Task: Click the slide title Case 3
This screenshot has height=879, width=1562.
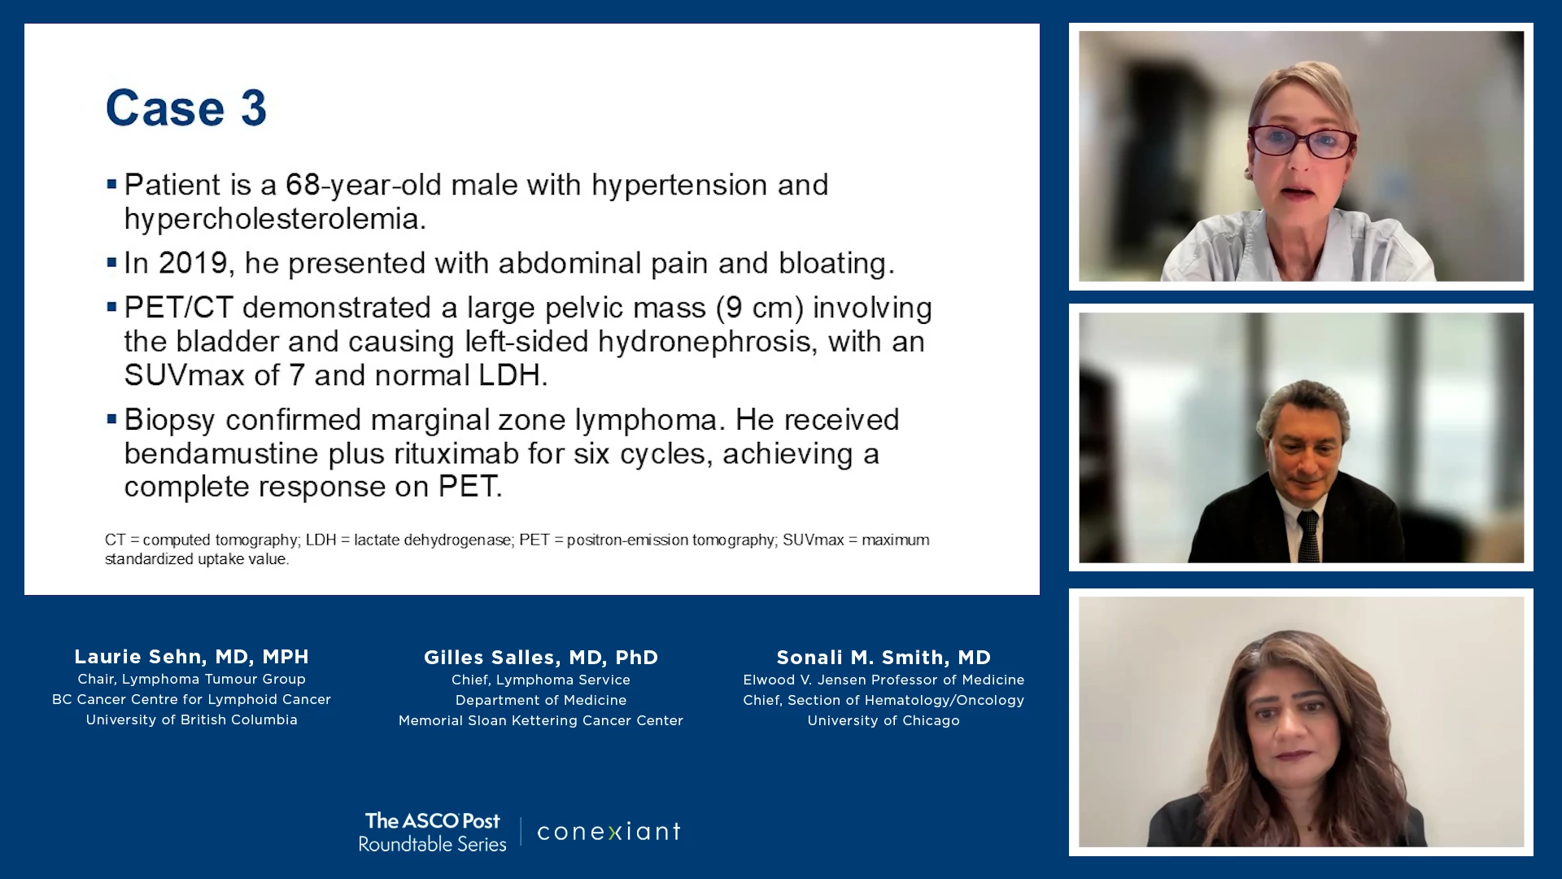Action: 186,107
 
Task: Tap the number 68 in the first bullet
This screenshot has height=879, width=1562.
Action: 303,185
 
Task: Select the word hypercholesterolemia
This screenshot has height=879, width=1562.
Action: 275,219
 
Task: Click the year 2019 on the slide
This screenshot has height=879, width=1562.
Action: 193,263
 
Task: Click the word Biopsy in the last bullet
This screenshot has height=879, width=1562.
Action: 170,421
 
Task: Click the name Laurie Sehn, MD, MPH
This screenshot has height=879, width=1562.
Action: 192,657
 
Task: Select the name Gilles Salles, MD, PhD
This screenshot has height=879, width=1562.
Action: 541,658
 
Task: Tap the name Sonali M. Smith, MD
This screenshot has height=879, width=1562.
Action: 884,658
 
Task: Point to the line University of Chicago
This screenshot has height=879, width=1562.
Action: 884,720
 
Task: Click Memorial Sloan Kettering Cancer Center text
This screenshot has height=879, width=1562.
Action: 541,720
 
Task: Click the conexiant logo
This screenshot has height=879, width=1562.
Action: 609,831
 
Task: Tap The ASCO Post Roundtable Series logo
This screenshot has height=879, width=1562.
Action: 433,832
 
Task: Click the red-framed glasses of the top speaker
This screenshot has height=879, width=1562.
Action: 1302,142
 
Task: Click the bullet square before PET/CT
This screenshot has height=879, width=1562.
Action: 112,308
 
